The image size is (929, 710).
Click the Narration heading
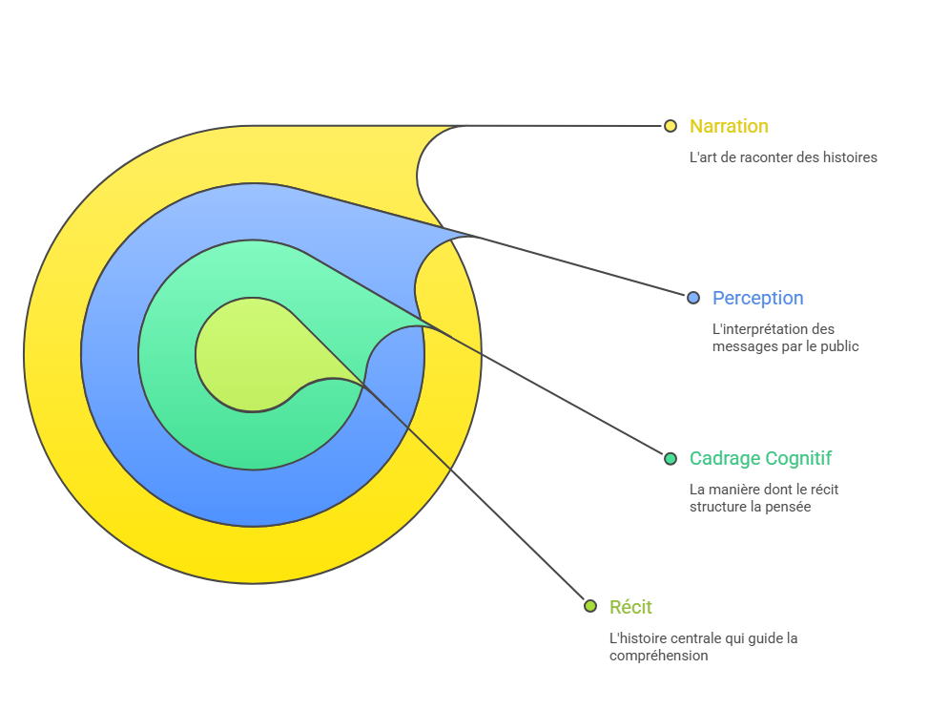729,126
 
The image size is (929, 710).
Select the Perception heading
757,298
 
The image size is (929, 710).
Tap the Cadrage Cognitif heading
760,458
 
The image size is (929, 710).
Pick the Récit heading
630,607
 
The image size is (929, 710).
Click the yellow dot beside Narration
671,126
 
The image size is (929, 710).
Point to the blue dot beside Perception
693,298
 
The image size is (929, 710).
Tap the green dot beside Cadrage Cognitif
671,458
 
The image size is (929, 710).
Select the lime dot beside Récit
590,607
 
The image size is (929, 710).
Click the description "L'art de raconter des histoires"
782,157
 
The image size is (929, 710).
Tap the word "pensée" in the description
790,507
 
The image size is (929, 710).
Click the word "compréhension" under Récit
658,656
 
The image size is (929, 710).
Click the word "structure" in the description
717,507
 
